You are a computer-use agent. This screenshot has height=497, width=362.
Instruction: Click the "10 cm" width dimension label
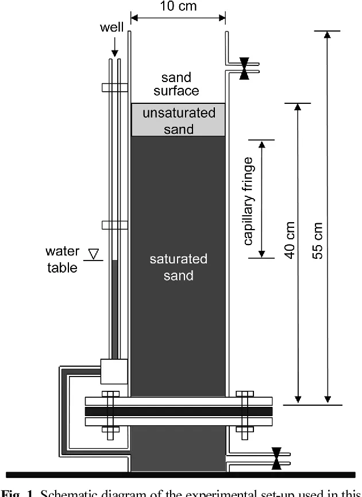click(x=178, y=7)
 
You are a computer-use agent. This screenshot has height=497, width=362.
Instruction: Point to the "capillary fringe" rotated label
click(x=249, y=201)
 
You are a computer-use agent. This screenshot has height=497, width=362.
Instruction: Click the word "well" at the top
click(x=112, y=28)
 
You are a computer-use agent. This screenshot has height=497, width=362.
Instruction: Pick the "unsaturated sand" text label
click(x=179, y=121)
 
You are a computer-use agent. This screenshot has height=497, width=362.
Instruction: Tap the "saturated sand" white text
click(x=178, y=267)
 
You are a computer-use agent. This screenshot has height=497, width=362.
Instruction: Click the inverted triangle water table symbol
click(x=90, y=253)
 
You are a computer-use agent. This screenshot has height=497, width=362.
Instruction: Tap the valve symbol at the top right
click(x=244, y=68)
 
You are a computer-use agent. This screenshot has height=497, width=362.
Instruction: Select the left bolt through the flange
click(x=109, y=412)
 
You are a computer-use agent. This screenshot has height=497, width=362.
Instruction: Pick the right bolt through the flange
click(x=245, y=412)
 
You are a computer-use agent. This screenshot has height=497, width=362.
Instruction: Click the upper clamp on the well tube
click(x=114, y=88)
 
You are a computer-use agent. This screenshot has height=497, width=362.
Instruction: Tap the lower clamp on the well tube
click(x=114, y=225)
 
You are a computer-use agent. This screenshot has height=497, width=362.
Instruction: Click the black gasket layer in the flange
click(x=178, y=412)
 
